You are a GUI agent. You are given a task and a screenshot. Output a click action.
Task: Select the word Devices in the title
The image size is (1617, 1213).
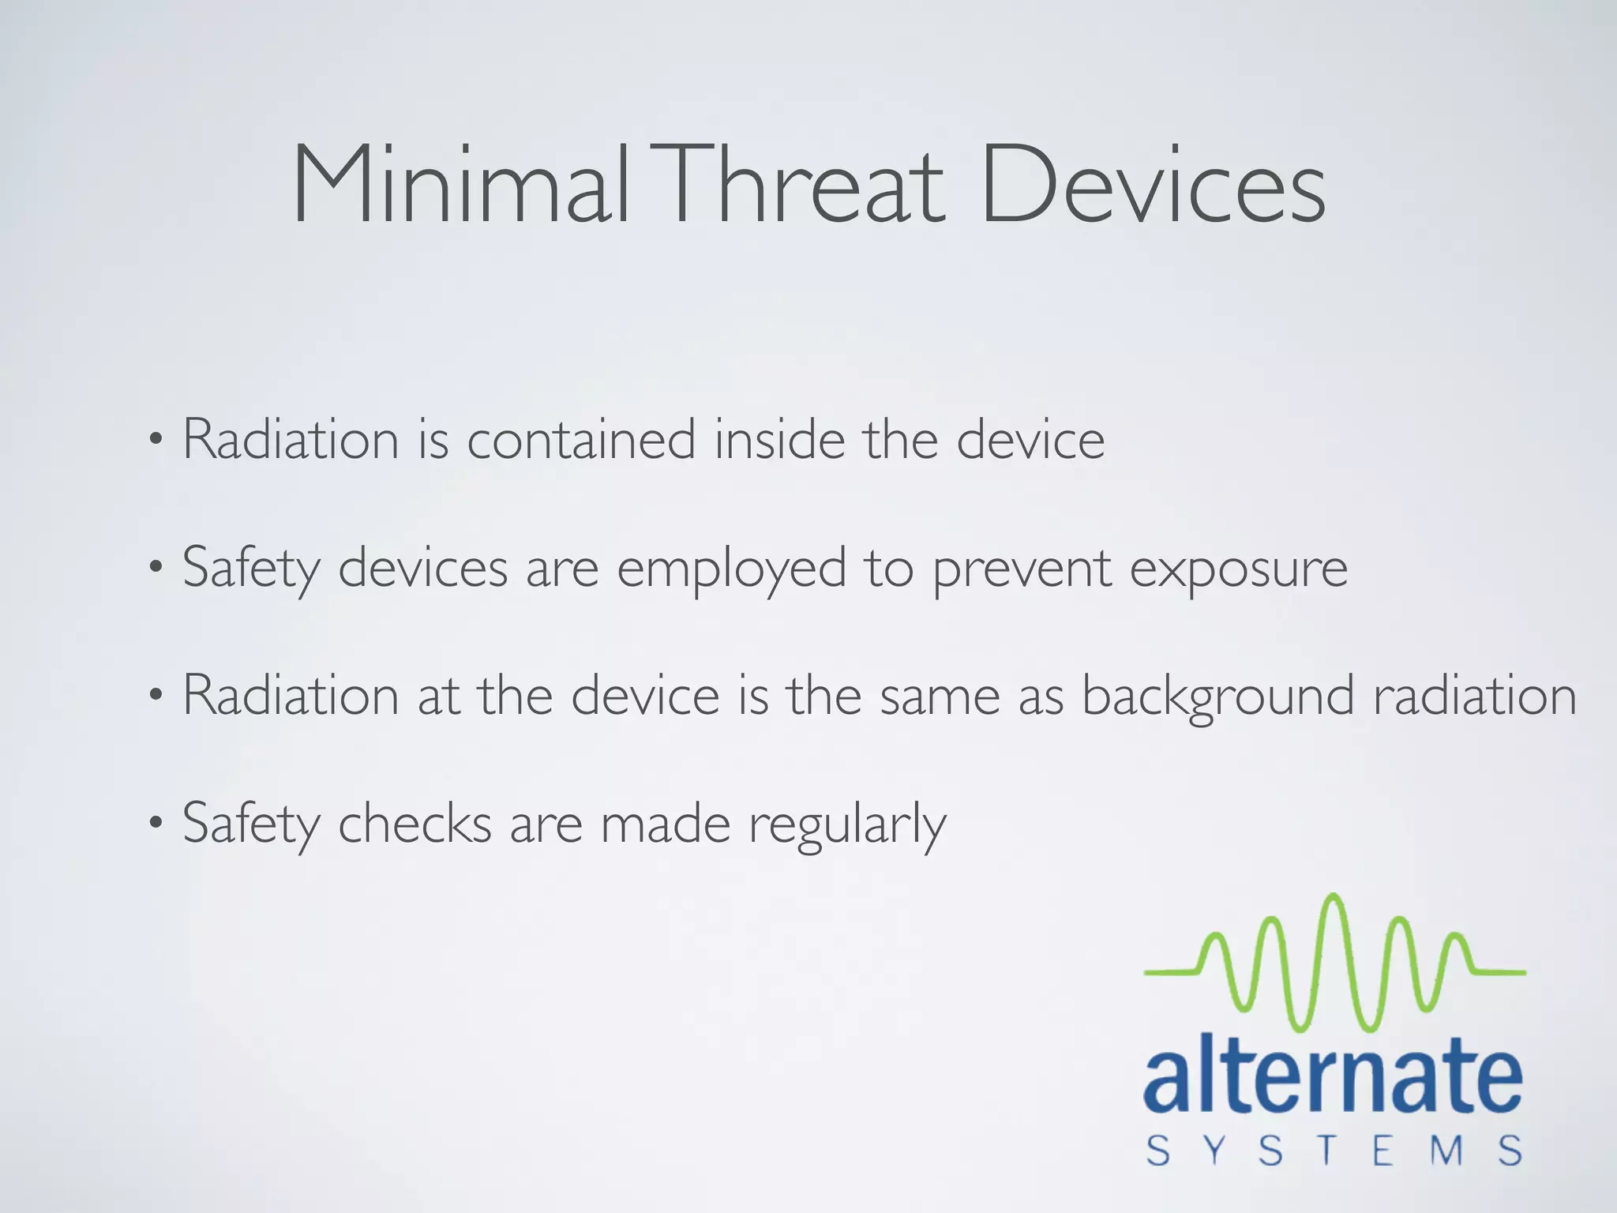click(1153, 186)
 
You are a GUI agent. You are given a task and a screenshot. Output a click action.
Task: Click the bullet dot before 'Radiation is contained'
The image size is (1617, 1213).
click(156, 439)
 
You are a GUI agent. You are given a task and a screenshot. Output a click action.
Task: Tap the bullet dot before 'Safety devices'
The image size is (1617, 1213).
click(156, 567)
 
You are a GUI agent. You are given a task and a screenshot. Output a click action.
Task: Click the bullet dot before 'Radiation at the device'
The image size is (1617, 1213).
click(156, 696)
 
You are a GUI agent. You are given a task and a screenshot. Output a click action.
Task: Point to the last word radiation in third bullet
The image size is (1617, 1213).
click(1475, 697)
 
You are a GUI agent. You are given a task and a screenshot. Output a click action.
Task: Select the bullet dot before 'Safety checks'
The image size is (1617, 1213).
click(156, 824)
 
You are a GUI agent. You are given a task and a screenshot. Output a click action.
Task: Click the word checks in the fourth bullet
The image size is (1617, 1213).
click(415, 824)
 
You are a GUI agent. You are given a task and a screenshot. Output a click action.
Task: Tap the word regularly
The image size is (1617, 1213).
click(846, 826)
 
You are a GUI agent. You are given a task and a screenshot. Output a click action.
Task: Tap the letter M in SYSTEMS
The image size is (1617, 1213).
click(1447, 1151)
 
